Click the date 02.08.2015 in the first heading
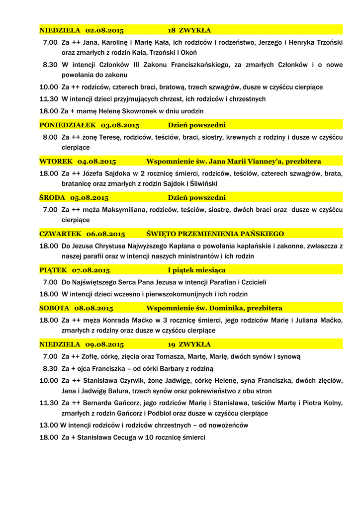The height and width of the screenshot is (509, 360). click(x=104, y=30)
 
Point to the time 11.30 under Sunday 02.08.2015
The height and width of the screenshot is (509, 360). click(x=49, y=99)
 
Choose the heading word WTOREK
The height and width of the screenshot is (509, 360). click(x=56, y=162)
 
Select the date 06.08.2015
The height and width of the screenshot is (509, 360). click(x=105, y=234)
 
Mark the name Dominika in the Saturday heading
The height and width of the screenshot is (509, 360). click(x=226, y=308)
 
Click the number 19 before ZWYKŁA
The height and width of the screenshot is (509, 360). click(x=172, y=344)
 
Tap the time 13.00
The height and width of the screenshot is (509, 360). click(x=49, y=425)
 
